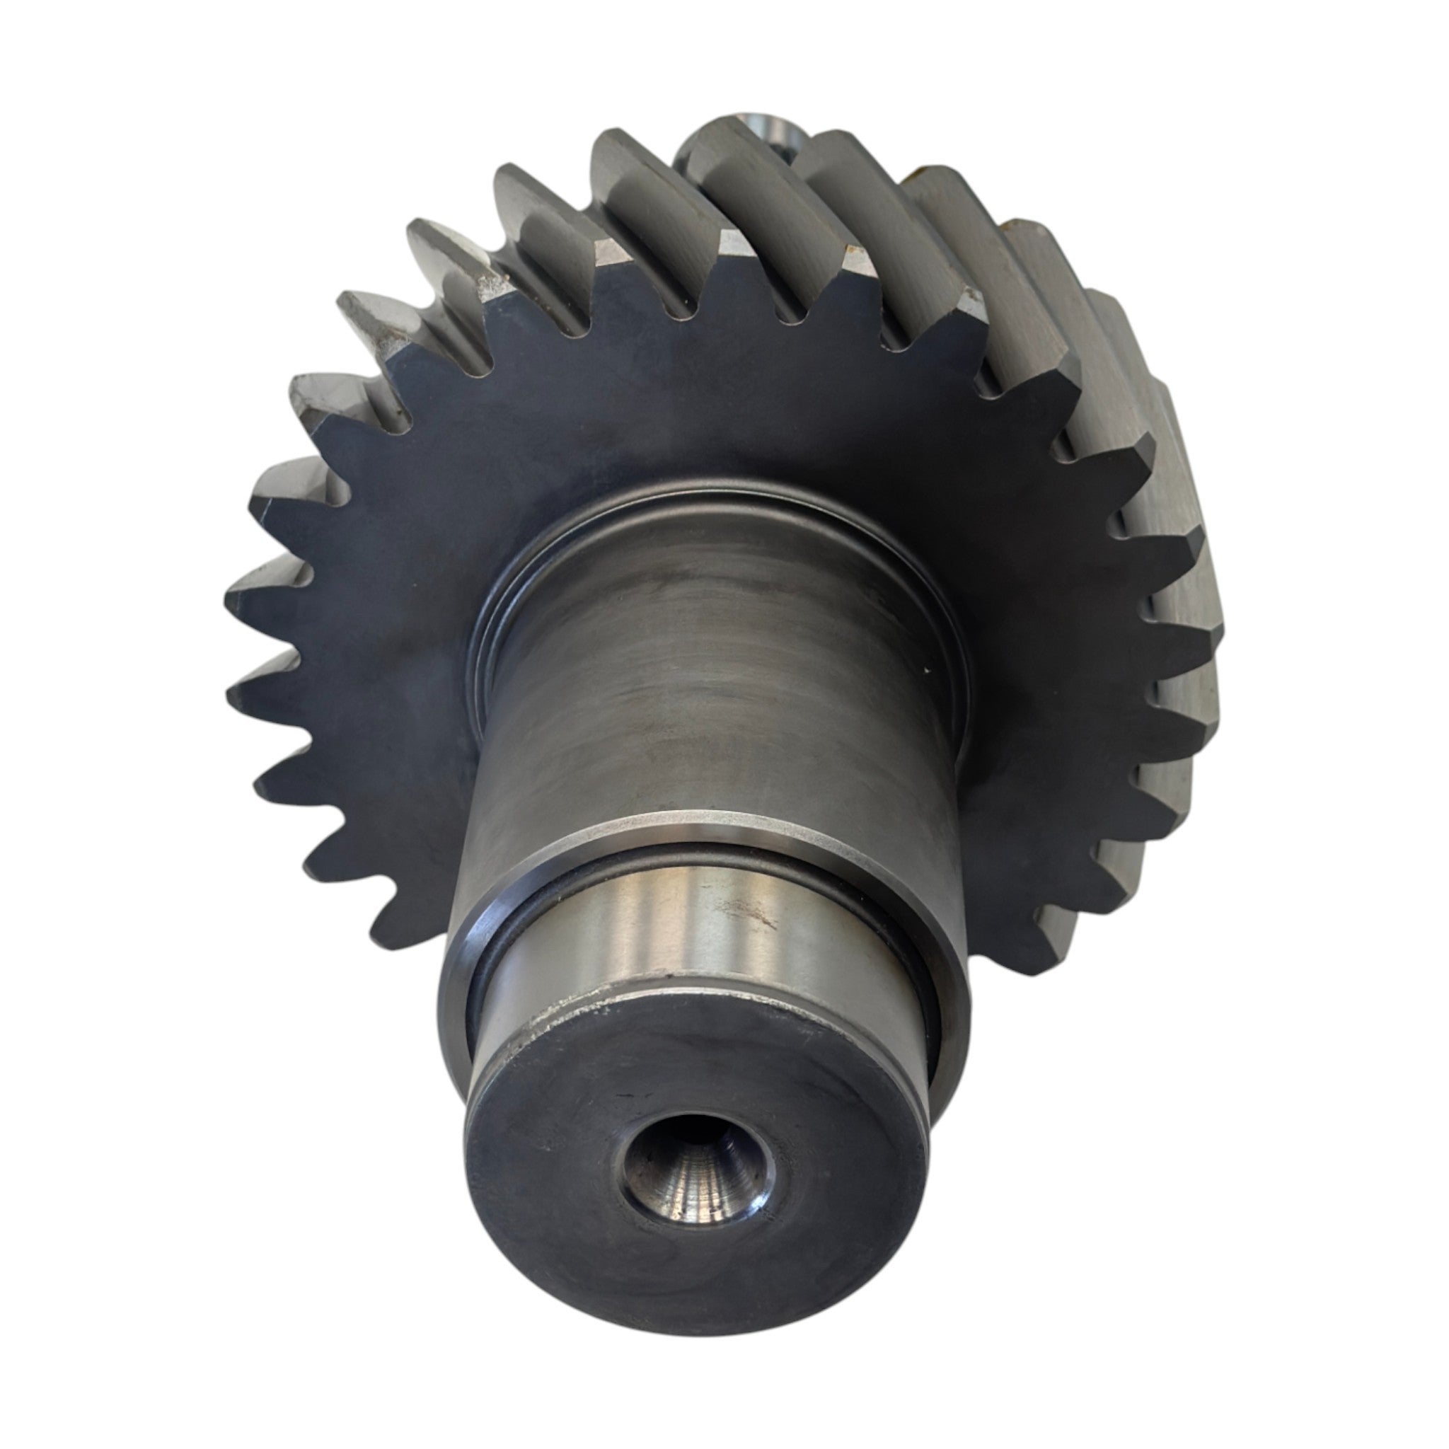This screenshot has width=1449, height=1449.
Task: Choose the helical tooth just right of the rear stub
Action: click(x=855, y=202)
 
